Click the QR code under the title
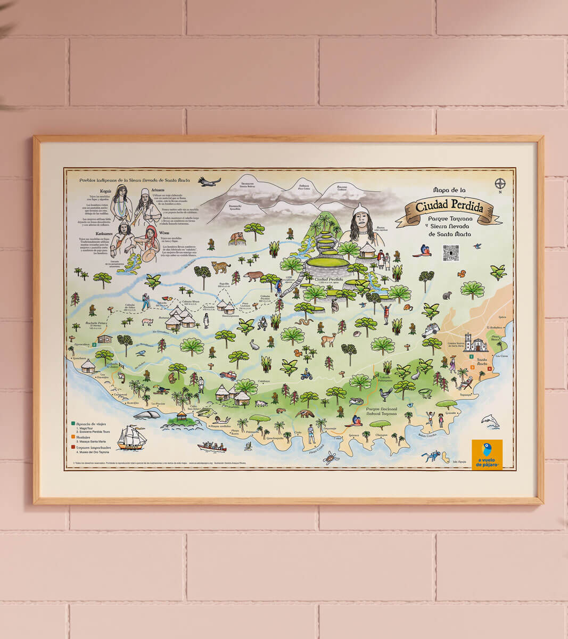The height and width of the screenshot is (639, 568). point(450,253)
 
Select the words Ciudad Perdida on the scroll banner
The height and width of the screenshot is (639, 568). point(450,207)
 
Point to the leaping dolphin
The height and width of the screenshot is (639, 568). point(490,421)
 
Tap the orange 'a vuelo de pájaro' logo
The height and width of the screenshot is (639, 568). point(487,454)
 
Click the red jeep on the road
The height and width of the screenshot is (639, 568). point(228,375)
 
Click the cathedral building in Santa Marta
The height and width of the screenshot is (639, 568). point(475,342)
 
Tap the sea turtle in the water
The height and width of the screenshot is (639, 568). point(332,456)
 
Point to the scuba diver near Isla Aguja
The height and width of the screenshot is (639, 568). point(431,456)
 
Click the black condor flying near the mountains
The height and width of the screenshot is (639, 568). point(209,182)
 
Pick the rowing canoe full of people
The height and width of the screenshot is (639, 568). point(211,446)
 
